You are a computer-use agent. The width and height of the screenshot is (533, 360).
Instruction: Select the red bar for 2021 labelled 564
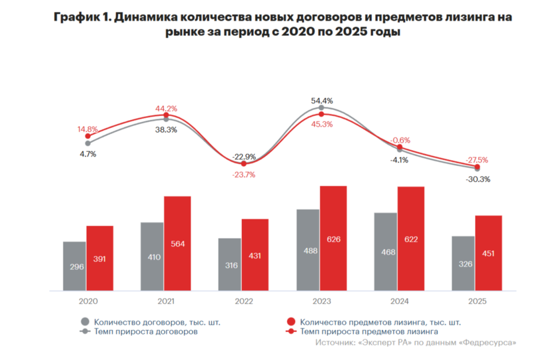point(177,243)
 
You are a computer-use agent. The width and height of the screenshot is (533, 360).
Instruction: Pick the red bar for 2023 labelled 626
point(333,238)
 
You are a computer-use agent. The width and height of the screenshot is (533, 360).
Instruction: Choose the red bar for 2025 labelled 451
point(488,253)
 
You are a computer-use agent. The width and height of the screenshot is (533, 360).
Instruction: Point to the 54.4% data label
point(322,100)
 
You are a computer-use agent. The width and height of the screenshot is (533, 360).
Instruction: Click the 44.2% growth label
point(166,109)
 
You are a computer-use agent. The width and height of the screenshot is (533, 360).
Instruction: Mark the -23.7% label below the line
point(244,175)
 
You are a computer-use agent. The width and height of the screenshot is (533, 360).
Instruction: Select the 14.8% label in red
point(87,129)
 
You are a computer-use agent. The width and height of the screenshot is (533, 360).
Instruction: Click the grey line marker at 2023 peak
point(322,108)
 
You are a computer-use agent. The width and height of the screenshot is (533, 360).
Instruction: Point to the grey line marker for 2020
point(87,143)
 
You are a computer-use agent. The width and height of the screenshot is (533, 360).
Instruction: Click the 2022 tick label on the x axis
point(243,301)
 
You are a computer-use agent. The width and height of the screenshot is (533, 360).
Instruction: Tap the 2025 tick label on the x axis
point(477,301)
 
